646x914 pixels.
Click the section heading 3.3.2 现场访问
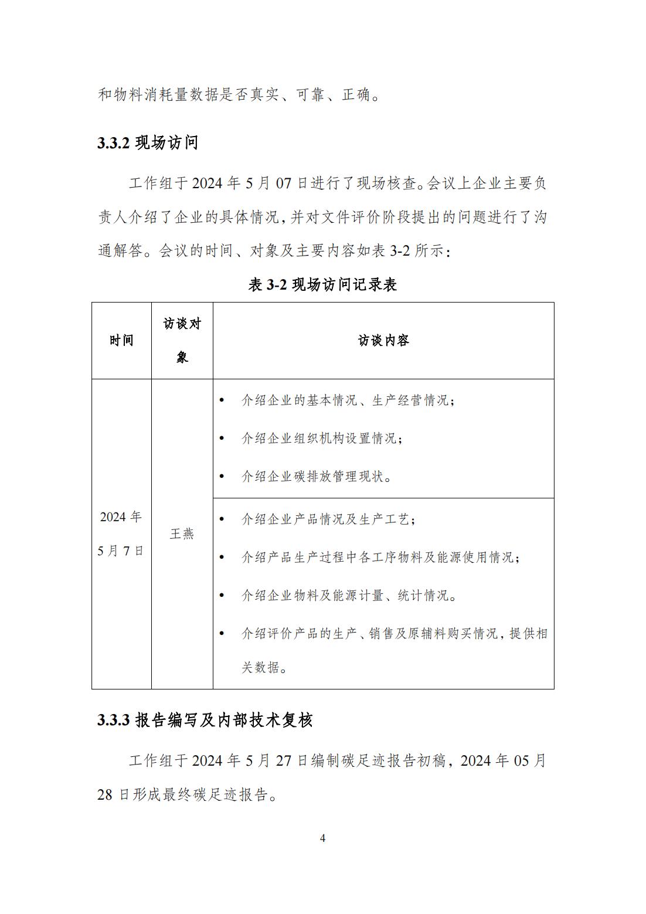(148, 142)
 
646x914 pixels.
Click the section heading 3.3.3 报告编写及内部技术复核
(205, 720)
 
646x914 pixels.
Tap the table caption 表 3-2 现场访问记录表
(322, 285)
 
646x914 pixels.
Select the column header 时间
(121, 341)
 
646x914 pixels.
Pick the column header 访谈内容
(383, 341)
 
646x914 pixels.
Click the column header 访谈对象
(182, 341)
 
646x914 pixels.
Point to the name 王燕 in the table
(182, 534)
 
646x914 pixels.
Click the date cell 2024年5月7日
(121, 534)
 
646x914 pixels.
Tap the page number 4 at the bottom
(322, 838)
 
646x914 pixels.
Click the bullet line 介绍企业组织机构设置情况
(322, 439)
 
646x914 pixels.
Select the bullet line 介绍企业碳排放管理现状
(317, 477)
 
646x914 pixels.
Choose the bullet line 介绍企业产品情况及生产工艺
(328, 519)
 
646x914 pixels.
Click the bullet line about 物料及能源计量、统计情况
(349, 596)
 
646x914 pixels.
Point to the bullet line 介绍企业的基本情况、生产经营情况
(348, 400)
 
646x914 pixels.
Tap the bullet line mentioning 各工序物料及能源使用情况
(380, 558)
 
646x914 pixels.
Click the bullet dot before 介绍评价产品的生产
(221, 634)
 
